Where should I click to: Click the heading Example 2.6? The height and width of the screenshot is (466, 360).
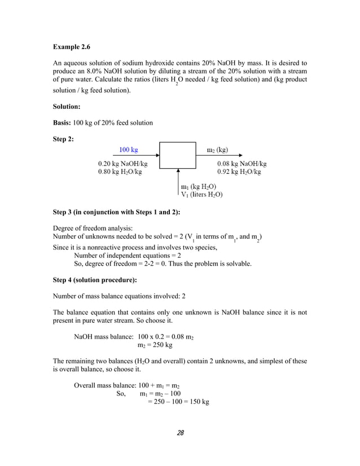pyautogui.click(x=71, y=46)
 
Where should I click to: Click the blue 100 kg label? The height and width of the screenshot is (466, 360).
pyautogui.click(x=128, y=150)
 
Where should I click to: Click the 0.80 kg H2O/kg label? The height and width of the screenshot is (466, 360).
pyautogui.click(x=120, y=172)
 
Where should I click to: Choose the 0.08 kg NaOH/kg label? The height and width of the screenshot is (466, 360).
pyautogui.click(x=242, y=164)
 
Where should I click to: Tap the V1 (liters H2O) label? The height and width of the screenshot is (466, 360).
pyautogui.click(x=201, y=195)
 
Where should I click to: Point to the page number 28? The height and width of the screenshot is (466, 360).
pyautogui.click(x=180, y=433)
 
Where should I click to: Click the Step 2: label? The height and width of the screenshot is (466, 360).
pyautogui.click(x=64, y=139)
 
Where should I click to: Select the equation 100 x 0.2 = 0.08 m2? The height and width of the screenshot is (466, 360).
pyautogui.click(x=166, y=337)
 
